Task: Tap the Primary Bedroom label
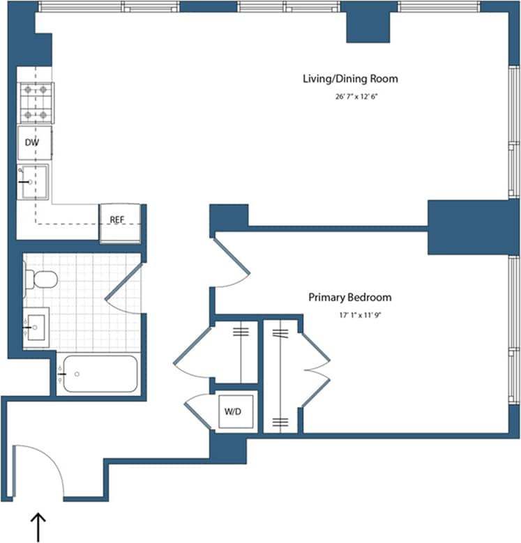[350, 297]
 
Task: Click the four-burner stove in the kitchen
[36, 102]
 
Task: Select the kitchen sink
[33, 182]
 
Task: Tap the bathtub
[98, 374]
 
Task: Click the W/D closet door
[199, 412]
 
